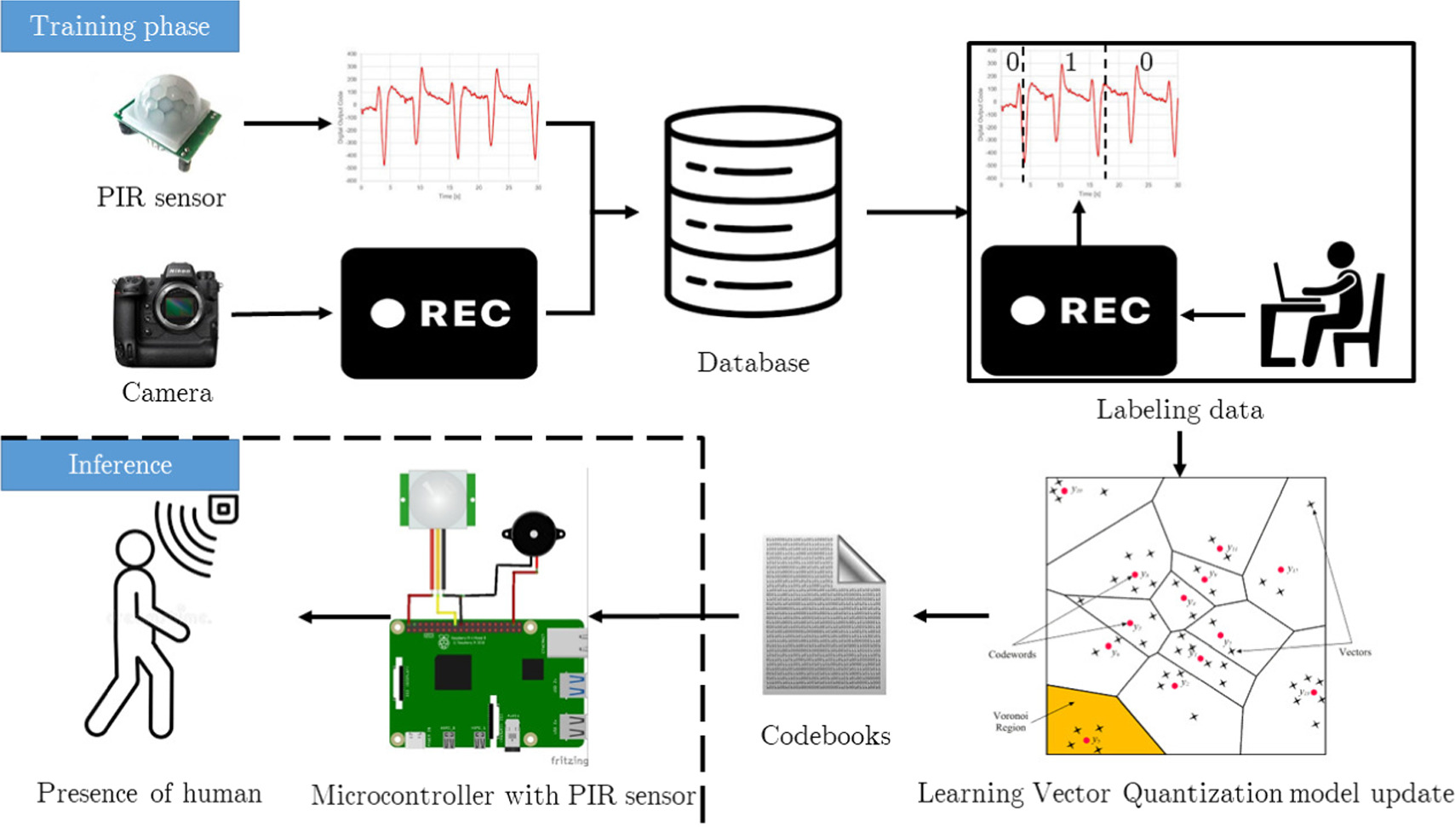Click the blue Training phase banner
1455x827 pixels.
pyautogui.click(x=119, y=26)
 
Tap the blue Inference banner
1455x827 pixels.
pyautogui.click(x=119, y=464)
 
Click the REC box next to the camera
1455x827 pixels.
pyautogui.click(x=438, y=313)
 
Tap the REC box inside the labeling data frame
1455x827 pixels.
pyautogui.click(x=1079, y=311)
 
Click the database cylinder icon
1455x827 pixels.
pyautogui.click(x=753, y=211)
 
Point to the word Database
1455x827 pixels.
pyautogui.click(x=753, y=363)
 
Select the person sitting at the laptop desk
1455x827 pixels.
pyautogui.click(x=1324, y=307)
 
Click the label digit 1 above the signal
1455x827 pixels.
pyautogui.click(x=1070, y=62)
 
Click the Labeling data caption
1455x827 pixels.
pyautogui.click(x=1179, y=410)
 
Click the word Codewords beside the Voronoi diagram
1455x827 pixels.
pyautogui.click(x=1011, y=654)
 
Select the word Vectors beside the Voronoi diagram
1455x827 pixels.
pyautogui.click(x=1355, y=652)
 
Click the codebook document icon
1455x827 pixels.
pyautogui.click(x=823, y=615)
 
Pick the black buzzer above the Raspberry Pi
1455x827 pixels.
pyautogui.click(x=533, y=534)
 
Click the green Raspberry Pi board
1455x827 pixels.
pyautogui.click(x=485, y=681)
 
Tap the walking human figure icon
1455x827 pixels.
pyautogui.click(x=136, y=630)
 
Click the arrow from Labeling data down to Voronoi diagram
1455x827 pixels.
pyautogui.click(x=1179, y=454)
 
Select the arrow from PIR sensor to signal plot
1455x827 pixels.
pyautogui.click(x=287, y=123)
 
